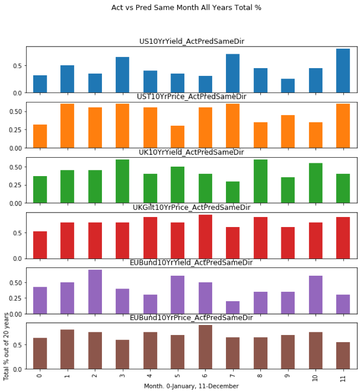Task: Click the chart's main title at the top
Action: click(x=186, y=8)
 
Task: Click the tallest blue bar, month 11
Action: click(x=343, y=71)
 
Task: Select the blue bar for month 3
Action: click(x=122, y=75)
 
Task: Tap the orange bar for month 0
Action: click(x=40, y=136)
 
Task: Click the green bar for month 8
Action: click(x=260, y=182)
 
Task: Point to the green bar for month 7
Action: click(x=233, y=192)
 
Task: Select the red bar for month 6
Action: click(x=205, y=236)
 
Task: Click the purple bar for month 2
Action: click(x=95, y=292)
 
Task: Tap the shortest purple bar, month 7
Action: click(x=233, y=307)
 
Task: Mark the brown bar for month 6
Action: click(x=205, y=347)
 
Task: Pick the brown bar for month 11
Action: click(x=343, y=355)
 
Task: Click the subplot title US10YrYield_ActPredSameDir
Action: click(x=191, y=42)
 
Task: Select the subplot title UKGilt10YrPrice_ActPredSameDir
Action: click(x=191, y=207)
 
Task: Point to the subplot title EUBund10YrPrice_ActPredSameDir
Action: click(x=191, y=317)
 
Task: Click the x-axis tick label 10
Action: click(x=316, y=378)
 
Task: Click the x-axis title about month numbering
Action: click(x=191, y=386)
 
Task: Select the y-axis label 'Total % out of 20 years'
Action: click(x=6, y=346)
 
